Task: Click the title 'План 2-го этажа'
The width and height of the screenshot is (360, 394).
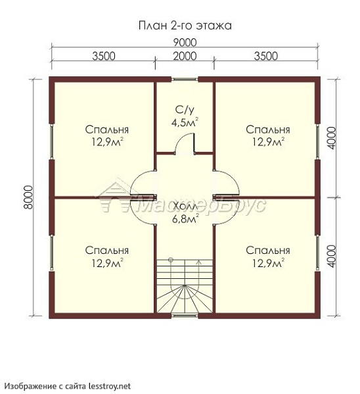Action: click(185, 26)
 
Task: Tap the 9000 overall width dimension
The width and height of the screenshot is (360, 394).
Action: click(185, 43)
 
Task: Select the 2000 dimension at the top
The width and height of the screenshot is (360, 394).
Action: click(185, 56)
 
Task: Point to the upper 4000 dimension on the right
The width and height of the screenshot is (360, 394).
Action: click(332, 138)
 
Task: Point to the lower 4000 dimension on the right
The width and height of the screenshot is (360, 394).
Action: click(332, 257)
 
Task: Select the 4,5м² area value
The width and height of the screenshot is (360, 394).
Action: click(185, 122)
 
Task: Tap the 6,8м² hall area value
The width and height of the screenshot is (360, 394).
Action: click(185, 218)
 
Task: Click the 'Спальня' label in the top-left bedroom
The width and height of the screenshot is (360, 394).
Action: click(107, 130)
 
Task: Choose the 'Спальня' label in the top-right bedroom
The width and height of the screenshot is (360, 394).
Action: click(268, 130)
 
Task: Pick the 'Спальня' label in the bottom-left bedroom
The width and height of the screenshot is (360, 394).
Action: click(107, 250)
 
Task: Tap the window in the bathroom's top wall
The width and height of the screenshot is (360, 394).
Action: click(185, 79)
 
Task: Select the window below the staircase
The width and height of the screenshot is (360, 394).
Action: click(185, 316)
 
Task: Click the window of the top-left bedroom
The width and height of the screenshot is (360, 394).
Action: click(52, 141)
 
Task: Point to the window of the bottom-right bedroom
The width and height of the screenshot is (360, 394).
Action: click(317, 253)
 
